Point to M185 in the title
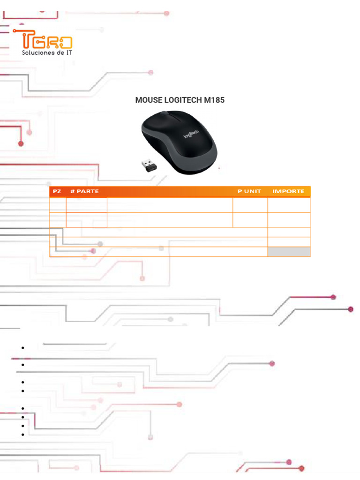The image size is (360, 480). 210,100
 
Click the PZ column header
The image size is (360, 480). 57,191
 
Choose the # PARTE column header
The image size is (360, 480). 84,191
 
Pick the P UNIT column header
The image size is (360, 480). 249,191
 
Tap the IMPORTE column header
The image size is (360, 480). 288,191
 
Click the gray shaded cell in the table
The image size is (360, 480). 289,252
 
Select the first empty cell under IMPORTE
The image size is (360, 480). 289,205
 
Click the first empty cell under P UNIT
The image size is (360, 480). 250,205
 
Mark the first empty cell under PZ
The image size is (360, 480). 57,205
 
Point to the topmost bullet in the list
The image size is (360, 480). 22,348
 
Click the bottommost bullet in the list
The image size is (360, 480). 22,435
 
